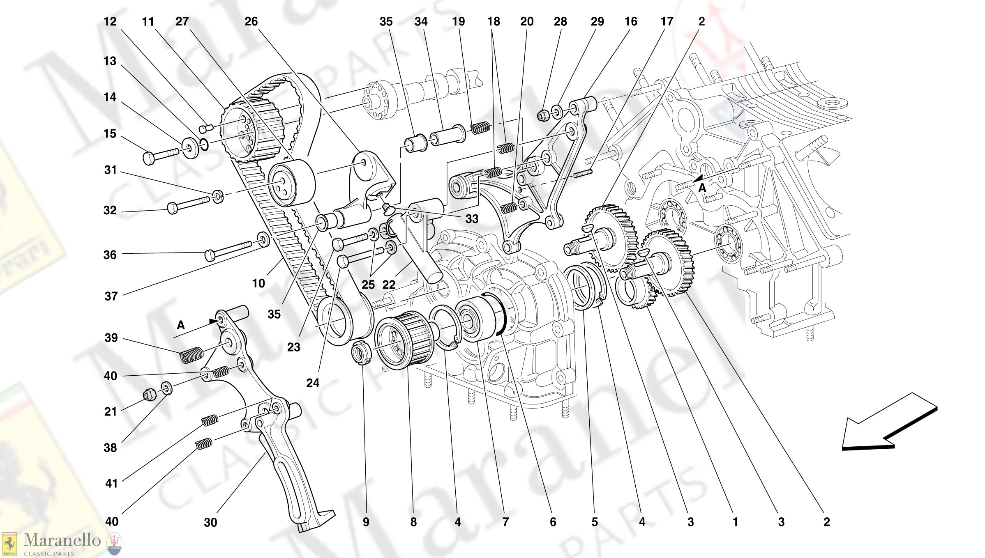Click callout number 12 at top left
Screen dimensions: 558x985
point(110,22)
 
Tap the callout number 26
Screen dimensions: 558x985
point(251,22)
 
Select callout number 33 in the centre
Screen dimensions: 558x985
point(472,219)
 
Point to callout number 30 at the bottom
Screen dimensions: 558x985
point(210,522)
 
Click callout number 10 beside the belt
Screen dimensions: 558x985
point(258,283)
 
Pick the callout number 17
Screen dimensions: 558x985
point(667,22)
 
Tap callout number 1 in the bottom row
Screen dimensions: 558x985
point(735,522)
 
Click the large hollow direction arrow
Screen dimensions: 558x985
point(888,423)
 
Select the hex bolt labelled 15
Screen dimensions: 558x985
point(160,155)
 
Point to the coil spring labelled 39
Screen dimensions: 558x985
point(191,355)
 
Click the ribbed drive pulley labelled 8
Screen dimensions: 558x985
point(405,339)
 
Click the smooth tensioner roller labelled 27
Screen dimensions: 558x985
point(292,183)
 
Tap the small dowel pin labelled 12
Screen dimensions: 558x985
point(207,128)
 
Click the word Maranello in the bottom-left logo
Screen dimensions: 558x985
point(62,540)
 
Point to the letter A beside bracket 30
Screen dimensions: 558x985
point(181,325)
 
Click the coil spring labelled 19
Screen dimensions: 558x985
point(480,128)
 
